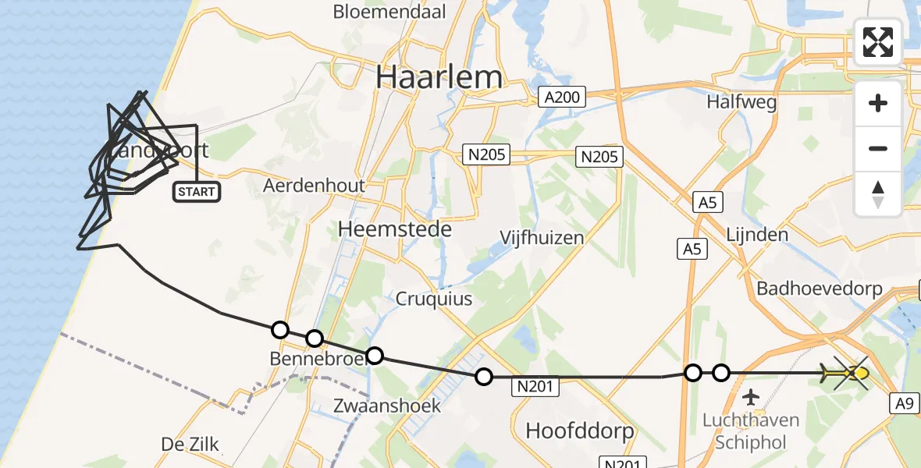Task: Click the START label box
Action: tap(196, 192)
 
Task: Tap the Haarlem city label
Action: tap(439, 77)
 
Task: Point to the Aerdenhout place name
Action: tap(314, 186)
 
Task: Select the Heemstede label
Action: tap(395, 229)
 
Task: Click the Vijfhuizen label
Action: tap(543, 237)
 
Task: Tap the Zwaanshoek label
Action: tap(386, 406)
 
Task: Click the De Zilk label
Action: tap(190, 445)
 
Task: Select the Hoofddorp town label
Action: tap(579, 431)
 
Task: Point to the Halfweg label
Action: tap(741, 101)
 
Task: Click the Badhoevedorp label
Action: tap(820, 289)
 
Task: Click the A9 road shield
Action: tap(904, 403)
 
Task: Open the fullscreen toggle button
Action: tap(878, 42)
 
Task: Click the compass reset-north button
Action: tap(878, 194)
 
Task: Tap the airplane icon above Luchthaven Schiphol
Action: tap(751, 398)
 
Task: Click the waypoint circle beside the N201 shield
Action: tap(484, 378)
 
